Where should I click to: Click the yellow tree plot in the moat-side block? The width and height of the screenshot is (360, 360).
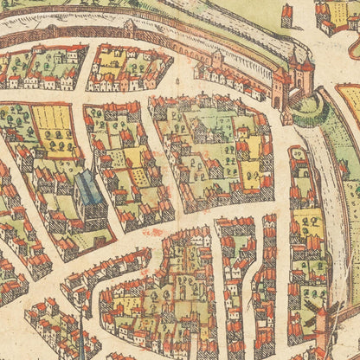(x=307, y=222)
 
